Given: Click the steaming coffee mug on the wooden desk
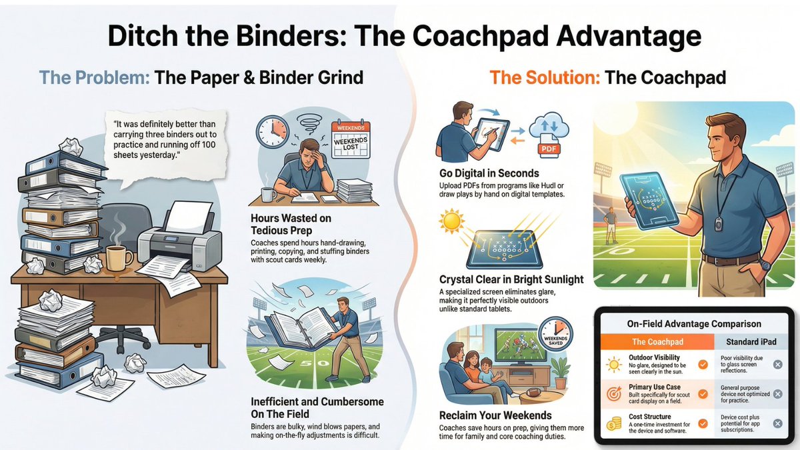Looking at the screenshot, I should [x=120, y=258].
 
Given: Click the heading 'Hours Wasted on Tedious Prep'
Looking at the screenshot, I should [x=291, y=224].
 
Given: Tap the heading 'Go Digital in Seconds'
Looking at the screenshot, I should [x=489, y=173].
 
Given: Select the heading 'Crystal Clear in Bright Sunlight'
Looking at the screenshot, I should [x=511, y=279].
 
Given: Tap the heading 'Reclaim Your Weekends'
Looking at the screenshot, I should [x=495, y=415].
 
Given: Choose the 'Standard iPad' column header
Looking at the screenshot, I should [x=751, y=342].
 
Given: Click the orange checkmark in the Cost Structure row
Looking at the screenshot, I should [x=703, y=424].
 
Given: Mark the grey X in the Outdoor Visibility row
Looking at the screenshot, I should [x=777, y=365].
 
